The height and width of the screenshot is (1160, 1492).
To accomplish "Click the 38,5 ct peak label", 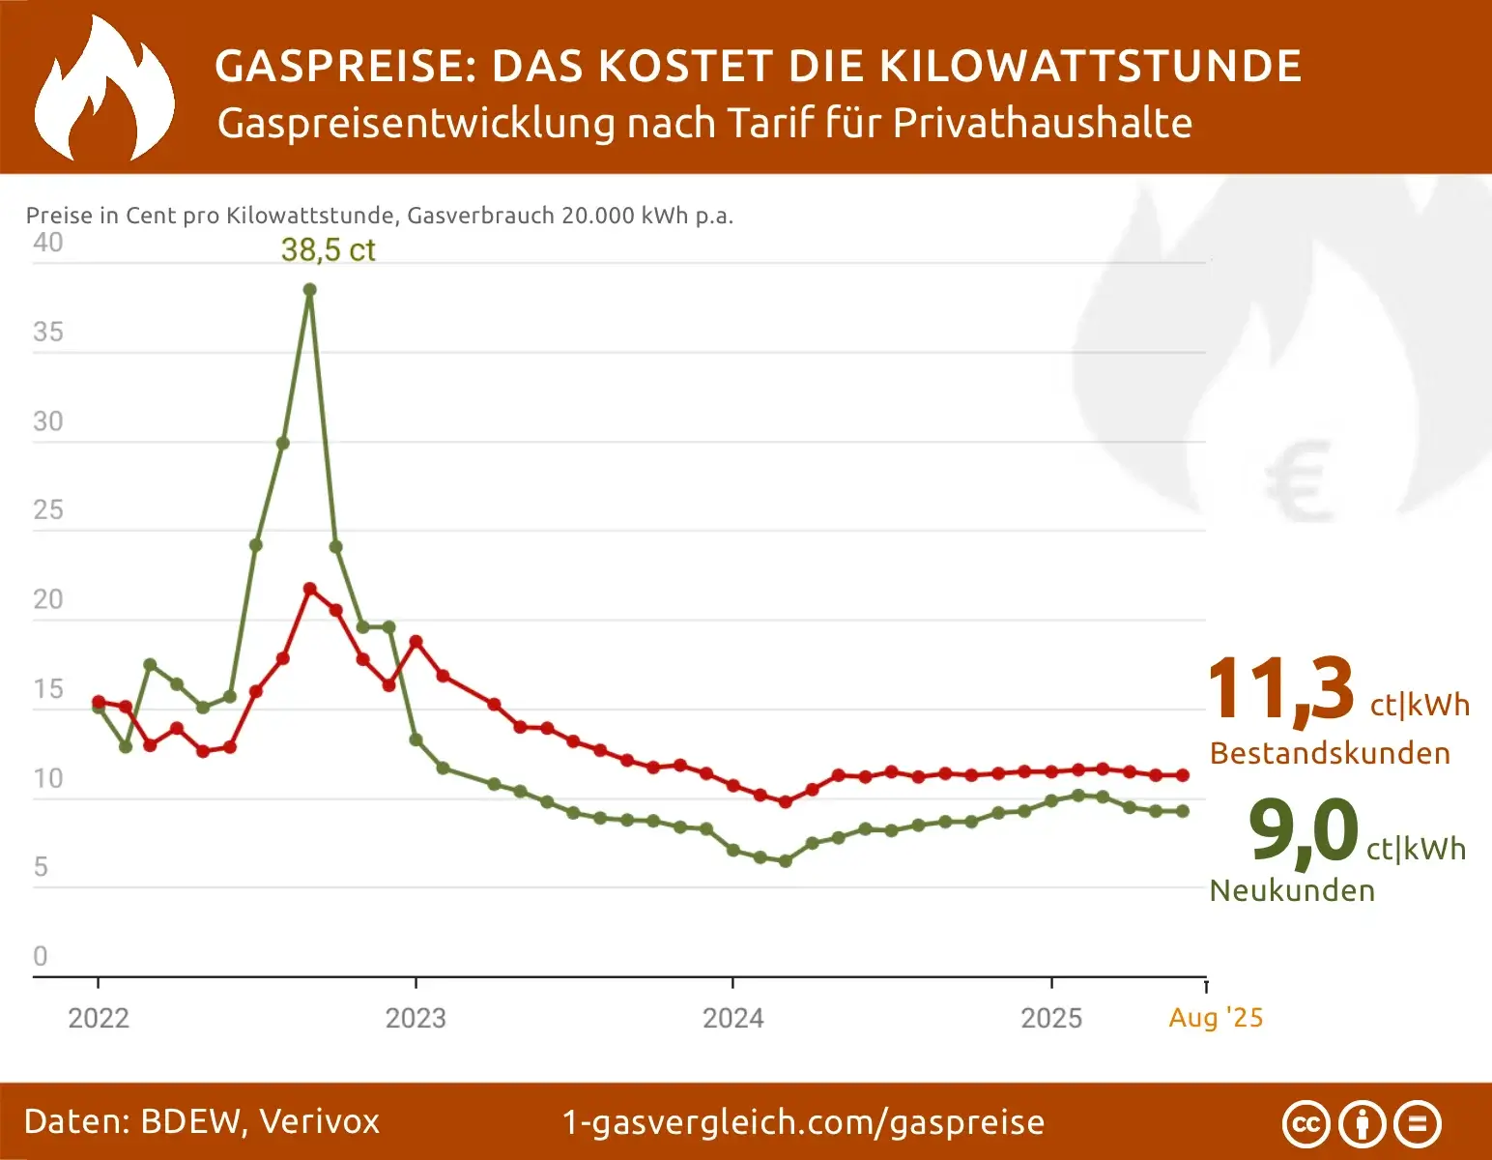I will [x=328, y=249].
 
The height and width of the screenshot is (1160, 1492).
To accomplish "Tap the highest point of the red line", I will [x=310, y=589].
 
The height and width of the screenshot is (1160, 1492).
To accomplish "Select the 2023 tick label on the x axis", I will [x=416, y=1018].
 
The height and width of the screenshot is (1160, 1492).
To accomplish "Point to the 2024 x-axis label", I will [x=732, y=1018].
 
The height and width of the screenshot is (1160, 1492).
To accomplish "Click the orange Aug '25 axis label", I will [x=1216, y=1017].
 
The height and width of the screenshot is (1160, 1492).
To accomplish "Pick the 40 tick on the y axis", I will [x=47, y=243].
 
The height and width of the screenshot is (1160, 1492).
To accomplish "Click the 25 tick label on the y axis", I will [x=47, y=510].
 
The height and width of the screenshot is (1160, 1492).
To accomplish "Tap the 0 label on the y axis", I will [x=41, y=956].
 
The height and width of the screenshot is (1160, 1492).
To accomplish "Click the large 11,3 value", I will [x=1280, y=689].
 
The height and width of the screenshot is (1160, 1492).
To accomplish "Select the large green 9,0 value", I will [x=1304, y=829].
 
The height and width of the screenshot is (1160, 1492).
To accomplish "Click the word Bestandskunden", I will [x=1330, y=753].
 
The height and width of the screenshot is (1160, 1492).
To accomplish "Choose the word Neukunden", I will [x=1292, y=890].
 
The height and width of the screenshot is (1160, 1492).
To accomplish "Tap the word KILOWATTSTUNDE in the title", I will [x=1090, y=66].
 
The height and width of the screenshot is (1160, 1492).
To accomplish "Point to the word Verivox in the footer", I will [x=319, y=1121].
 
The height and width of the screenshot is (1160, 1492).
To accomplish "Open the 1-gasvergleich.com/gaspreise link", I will [x=803, y=1122].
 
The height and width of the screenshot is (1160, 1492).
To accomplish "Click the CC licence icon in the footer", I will [x=1305, y=1124].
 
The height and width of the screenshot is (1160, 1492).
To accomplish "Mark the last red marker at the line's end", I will [x=1182, y=775].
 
